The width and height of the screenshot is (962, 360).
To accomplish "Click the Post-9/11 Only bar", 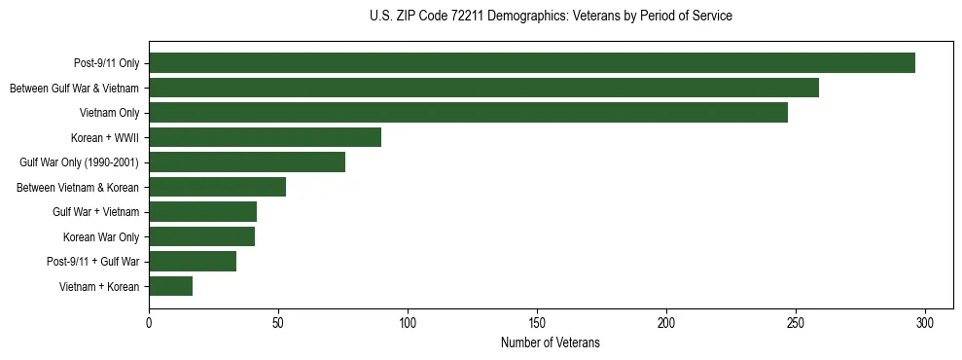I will point(532,63).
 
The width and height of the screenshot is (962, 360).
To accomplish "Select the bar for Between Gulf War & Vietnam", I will point(483,89).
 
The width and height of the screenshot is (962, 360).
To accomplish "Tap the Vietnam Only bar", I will point(468,113).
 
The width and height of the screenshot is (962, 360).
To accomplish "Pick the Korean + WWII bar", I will point(265,137).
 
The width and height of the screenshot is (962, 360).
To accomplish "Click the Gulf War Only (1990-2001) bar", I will point(247,162).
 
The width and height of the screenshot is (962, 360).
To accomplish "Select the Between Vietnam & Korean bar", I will point(217,187).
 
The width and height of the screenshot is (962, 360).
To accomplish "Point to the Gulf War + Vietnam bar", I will point(202,212).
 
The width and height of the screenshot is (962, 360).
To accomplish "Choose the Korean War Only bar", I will point(201,236).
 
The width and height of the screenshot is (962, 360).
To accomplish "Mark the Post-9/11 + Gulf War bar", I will point(193,262).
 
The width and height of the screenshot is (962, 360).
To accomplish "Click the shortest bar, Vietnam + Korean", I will point(170,286).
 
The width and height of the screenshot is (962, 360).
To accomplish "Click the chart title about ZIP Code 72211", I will point(551,17).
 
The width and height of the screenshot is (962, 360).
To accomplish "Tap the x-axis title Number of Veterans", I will point(551,343).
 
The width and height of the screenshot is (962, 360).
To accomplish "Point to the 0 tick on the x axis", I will point(149,322).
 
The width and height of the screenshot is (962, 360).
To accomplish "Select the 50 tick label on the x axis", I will point(278,322).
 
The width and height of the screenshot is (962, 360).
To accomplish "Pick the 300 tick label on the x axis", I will point(925,322).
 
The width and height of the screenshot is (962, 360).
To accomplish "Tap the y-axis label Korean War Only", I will point(101,236).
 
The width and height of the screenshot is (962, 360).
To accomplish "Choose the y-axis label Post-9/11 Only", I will point(107,63).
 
